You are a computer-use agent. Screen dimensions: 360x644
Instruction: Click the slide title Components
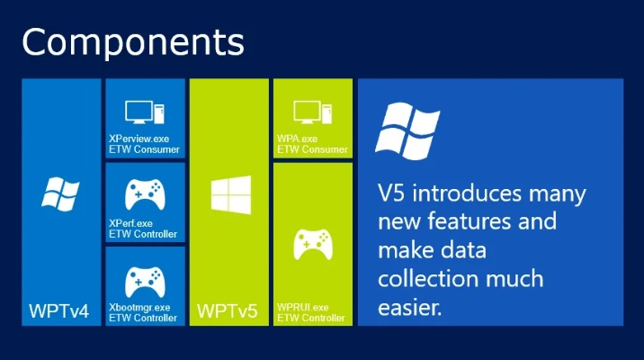(x=132, y=41)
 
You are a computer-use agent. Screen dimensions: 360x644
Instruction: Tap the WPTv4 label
(x=59, y=311)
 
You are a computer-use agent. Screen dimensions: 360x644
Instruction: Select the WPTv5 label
(x=228, y=311)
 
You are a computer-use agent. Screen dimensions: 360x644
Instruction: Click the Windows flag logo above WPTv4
(x=59, y=194)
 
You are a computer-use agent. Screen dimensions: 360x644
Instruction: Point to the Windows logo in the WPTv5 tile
(x=228, y=195)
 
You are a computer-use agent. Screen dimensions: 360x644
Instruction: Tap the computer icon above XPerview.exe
(x=144, y=112)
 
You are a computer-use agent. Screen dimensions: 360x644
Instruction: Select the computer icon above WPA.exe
(x=312, y=112)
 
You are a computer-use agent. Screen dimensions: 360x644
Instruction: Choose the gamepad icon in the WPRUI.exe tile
(x=312, y=245)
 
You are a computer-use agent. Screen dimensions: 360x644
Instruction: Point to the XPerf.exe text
(x=130, y=223)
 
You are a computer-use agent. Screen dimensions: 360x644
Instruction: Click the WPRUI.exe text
(x=303, y=308)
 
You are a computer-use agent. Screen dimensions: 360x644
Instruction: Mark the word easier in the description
(x=410, y=308)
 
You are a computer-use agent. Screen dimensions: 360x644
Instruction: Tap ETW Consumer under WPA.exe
(x=312, y=149)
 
